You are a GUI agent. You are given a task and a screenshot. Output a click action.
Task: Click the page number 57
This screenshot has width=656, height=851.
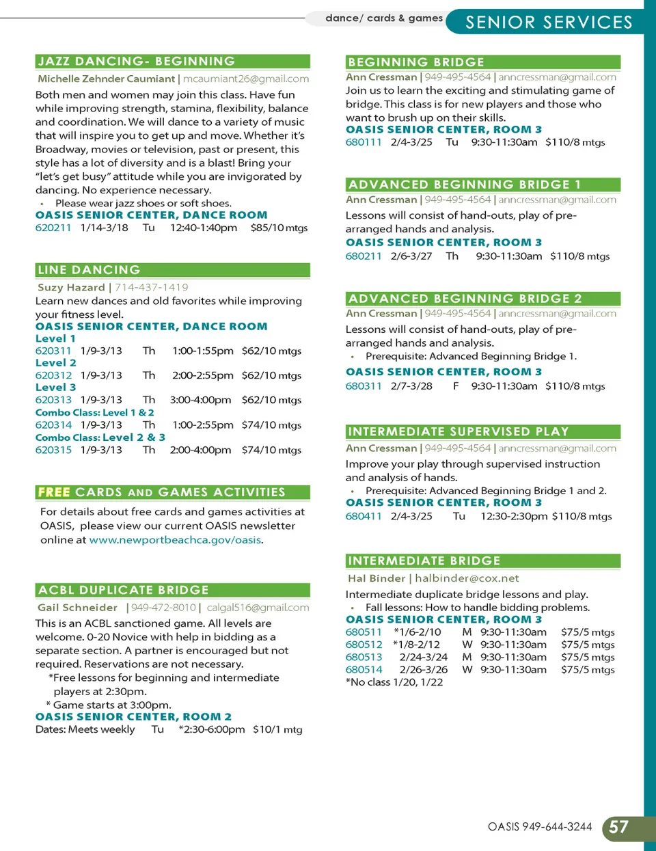pyautogui.click(x=618, y=827)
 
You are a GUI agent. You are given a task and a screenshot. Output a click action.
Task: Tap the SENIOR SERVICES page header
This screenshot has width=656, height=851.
pyautogui.click(x=549, y=22)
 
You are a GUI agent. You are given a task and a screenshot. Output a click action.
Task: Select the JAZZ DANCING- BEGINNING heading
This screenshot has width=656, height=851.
pyautogui.click(x=137, y=62)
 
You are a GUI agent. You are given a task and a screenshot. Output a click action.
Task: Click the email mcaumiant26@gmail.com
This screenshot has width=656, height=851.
pyautogui.click(x=246, y=79)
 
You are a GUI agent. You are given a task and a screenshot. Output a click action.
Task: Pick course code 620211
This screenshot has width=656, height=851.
pyautogui.click(x=53, y=228)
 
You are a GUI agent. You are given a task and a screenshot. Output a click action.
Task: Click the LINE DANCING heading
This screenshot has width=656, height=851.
pyautogui.click(x=90, y=270)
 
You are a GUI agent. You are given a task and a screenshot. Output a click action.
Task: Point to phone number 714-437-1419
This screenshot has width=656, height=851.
pyautogui.click(x=152, y=287)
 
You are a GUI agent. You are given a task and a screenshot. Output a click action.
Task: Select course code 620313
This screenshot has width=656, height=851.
pyautogui.click(x=53, y=400)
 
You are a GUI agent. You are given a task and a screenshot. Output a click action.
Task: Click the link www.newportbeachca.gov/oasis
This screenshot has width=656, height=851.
pyautogui.click(x=176, y=540)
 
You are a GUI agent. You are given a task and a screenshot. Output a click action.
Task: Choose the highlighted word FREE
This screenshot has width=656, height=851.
pyautogui.click(x=54, y=492)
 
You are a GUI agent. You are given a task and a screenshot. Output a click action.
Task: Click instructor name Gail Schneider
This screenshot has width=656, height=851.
pyautogui.click(x=78, y=608)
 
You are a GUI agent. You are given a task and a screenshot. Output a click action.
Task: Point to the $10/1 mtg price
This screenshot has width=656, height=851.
pyautogui.click(x=277, y=729)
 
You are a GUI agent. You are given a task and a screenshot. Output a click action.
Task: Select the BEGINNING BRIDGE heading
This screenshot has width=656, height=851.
pyautogui.click(x=416, y=62)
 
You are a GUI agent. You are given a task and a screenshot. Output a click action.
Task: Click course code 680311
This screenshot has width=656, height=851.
pyautogui.click(x=364, y=386)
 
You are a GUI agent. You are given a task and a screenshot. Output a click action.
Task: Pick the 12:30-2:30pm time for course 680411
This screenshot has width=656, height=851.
pyautogui.click(x=514, y=516)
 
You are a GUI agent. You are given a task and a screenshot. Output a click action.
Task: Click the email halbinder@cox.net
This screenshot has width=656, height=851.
pyautogui.click(x=467, y=578)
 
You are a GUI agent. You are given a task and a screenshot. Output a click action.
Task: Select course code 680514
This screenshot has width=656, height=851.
pyautogui.click(x=364, y=670)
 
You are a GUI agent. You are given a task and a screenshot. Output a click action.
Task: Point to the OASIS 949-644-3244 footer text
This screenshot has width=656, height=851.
pyautogui.click(x=540, y=827)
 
